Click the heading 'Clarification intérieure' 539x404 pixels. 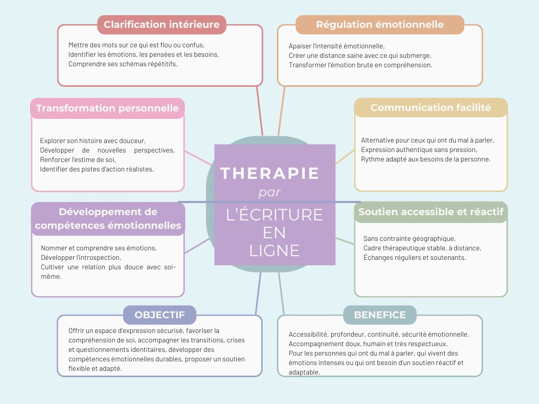pyautogui.click(x=162, y=25)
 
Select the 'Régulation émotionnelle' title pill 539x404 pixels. pyautogui.click(x=380, y=25)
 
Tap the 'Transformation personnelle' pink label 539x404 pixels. pyautogui.click(x=107, y=108)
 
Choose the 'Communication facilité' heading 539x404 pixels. pyautogui.click(x=431, y=108)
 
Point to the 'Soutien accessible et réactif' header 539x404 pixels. pyautogui.click(x=431, y=212)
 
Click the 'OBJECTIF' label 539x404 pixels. pyautogui.click(x=159, y=315)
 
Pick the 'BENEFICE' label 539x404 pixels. pyautogui.click(x=380, y=315)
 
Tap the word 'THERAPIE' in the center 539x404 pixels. pyautogui.click(x=270, y=173)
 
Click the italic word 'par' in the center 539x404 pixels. pyautogui.click(x=269, y=193)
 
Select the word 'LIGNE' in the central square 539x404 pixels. pyautogui.click(x=274, y=250)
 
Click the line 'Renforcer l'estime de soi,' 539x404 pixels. pyautogui.click(x=77, y=159)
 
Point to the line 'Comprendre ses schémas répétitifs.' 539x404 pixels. pyautogui.click(x=123, y=64)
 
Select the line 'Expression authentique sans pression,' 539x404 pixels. pyautogui.click(x=419, y=150)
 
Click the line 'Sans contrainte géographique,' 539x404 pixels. pyautogui.click(x=409, y=238)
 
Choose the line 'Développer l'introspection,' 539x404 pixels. pyautogui.click(x=81, y=257)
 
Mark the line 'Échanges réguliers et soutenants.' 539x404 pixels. pyautogui.click(x=414, y=257)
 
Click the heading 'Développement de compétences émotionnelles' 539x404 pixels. pyautogui.click(x=108, y=219)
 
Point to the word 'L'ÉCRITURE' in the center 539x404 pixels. pyautogui.click(x=274, y=215)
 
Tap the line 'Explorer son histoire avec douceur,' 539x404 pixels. pyautogui.click(x=93, y=140)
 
